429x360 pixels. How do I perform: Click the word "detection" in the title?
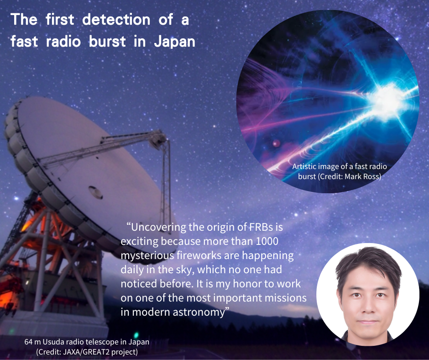pos(116,20)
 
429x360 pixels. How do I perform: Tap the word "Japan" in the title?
pos(174,42)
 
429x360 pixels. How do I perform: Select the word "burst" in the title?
pos(107,42)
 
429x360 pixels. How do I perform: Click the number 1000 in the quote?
pos(267,241)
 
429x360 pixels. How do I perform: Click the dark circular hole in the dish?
pos(95,192)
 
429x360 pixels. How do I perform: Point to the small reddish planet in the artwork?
pos(276,143)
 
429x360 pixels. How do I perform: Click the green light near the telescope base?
pos(136,335)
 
